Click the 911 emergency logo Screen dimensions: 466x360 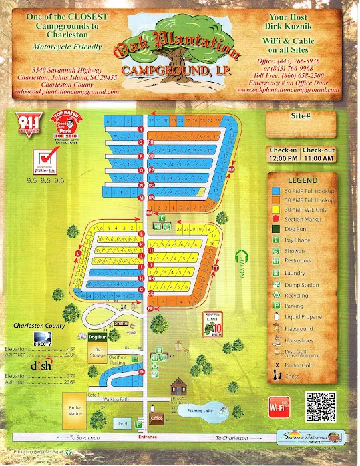(x=26, y=125)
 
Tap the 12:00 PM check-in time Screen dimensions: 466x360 (x=284, y=160)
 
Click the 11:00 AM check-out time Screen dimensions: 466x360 (x=319, y=160)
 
